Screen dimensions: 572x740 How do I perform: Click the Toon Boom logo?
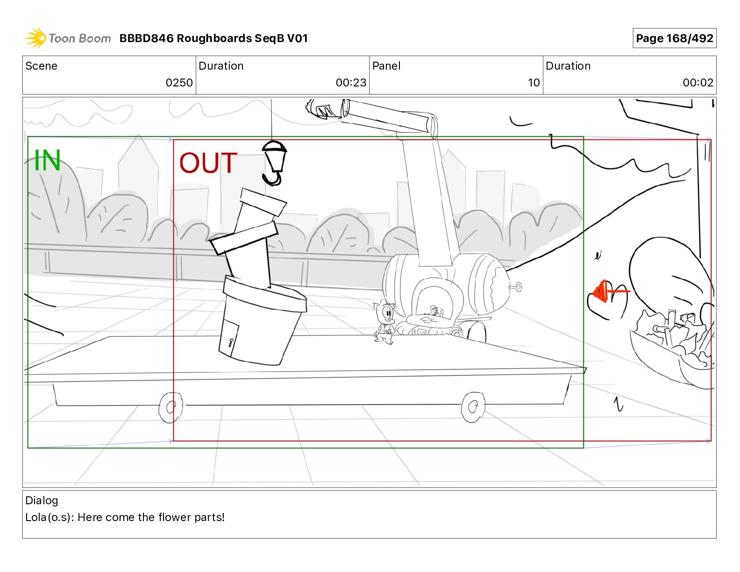pyautogui.click(x=68, y=38)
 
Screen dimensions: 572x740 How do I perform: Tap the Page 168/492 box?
pyautogui.click(x=674, y=38)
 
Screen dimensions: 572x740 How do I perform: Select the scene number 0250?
pyautogui.click(x=179, y=83)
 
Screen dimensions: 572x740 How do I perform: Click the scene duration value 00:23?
pyautogui.click(x=351, y=83)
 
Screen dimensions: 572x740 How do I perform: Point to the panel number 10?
pyautogui.click(x=534, y=83)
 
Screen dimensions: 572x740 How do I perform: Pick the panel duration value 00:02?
pyautogui.click(x=698, y=83)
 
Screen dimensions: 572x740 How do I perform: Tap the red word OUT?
pyautogui.click(x=208, y=163)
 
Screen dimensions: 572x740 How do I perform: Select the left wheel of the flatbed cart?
pyautogui.click(x=171, y=408)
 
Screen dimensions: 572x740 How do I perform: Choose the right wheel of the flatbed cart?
pyautogui.click(x=473, y=408)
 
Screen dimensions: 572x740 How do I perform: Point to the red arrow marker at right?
pyautogui.click(x=607, y=292)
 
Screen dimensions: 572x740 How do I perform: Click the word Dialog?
pyautogui.click(x=42, y=500)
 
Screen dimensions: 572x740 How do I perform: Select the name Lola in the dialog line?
pyautogui.click(x=36, y=517)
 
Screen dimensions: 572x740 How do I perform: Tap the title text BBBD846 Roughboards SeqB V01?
pyautogui.click(x=213, y=38)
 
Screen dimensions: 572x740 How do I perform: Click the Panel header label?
pyautogui.click(x=386, y=66)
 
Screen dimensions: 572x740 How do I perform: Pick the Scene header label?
pyautogui.click(x=41, y=66)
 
